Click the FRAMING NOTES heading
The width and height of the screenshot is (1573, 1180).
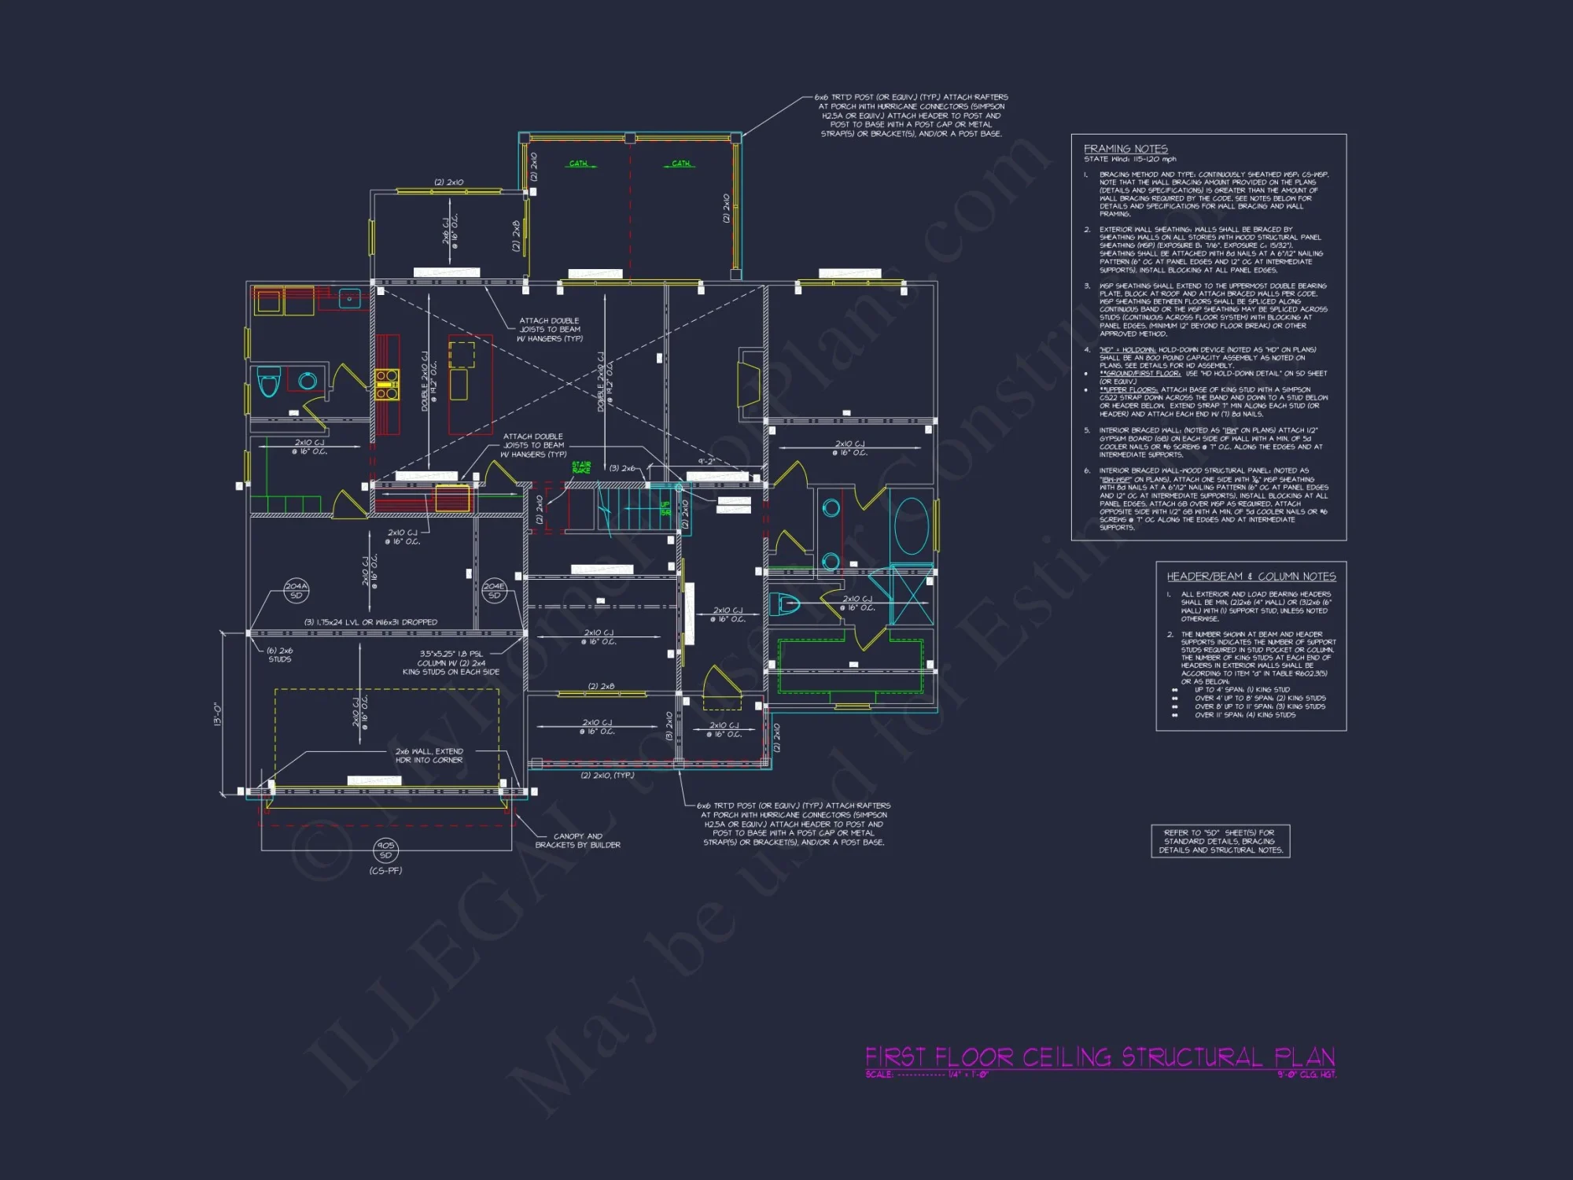[1125, 149]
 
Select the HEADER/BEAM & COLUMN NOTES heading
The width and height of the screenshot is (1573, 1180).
[1251, 577]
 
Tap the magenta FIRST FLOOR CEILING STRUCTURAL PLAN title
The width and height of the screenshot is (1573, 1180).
[1100, 1056]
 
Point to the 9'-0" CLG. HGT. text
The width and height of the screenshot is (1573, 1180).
[1306, 1075]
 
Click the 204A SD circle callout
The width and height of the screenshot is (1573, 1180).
[297, 591]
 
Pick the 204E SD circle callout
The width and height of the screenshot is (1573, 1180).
[494, 591]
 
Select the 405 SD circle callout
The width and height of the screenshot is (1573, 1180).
[385, 850]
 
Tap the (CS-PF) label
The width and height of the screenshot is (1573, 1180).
[385, 871]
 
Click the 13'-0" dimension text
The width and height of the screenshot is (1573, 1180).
[218, 714]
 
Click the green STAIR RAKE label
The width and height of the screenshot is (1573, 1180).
[581, 467]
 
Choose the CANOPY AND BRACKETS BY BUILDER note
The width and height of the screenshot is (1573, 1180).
[577, 841]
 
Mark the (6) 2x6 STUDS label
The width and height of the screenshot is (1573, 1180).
[279, 655]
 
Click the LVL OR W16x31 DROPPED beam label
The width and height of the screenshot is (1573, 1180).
[370, 622]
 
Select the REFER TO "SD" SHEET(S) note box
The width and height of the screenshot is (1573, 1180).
[1220, 841]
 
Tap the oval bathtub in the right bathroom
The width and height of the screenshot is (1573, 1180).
[912, 526]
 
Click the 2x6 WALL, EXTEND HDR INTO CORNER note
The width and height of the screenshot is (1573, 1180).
[429, 756]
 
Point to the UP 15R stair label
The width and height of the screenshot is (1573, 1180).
[665, 508]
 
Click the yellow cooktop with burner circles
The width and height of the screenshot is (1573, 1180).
[386, 385]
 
